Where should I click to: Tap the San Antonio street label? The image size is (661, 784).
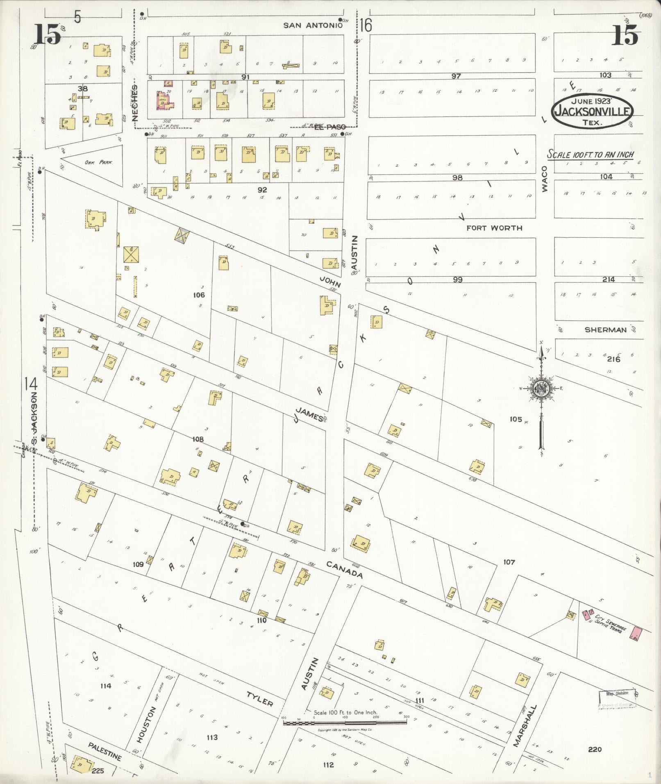point(313,25)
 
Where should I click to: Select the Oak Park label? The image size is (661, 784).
point(98,162)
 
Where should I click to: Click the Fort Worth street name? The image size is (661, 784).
point(494,228)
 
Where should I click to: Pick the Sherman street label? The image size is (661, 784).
point(605,330)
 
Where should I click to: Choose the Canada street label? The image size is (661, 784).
point(345,569)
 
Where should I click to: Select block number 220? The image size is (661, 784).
point(595,749)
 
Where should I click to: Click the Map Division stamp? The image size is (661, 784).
point(617,694)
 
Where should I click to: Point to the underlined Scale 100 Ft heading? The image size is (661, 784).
point(591,155)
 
